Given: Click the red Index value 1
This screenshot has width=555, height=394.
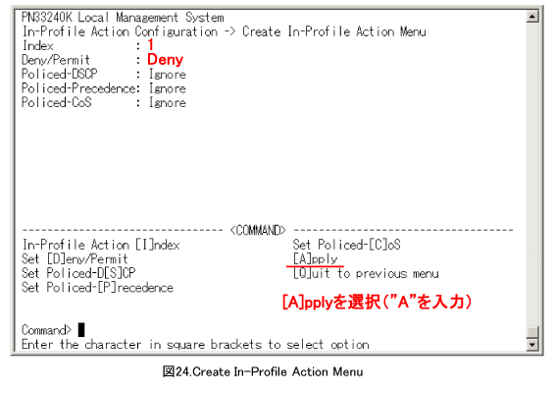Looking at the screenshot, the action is tap(151, 44).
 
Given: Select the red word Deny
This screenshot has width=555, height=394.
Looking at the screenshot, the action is tap(166, 59).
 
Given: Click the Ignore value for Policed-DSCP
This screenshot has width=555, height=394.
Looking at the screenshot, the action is tap(167, 74).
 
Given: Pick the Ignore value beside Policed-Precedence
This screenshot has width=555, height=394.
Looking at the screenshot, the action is tap(167, 88).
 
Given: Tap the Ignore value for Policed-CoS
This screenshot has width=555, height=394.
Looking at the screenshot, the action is tap(167, 102).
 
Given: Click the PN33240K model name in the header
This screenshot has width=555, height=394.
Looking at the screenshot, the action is tap(47, 17).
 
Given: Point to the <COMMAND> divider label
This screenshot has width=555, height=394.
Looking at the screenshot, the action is tap(258, 230).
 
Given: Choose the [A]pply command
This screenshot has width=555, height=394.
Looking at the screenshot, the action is tap(315, 258).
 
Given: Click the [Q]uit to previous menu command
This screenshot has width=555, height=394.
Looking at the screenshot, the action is tap(366, 273).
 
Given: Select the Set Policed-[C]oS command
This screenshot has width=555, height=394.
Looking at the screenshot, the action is tap(346, 245).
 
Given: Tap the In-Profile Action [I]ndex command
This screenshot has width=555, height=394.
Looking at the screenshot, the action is tap(101, 245).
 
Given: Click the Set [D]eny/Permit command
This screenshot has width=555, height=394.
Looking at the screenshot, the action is tap(75, 258).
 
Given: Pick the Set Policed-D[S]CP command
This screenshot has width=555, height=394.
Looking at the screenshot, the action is tap(78, 273).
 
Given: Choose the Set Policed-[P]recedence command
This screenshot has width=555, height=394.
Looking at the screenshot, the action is tap(97, 287).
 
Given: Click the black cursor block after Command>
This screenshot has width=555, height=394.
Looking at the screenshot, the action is tap(81, 330).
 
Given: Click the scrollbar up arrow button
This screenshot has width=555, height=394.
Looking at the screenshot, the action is tap(532, 16).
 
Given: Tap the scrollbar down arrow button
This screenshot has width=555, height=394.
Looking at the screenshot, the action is tap(532, 344).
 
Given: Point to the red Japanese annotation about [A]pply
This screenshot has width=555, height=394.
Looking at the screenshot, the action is tap(377, 303).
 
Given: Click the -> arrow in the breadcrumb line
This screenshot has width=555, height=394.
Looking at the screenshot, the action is tap(229, 31).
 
